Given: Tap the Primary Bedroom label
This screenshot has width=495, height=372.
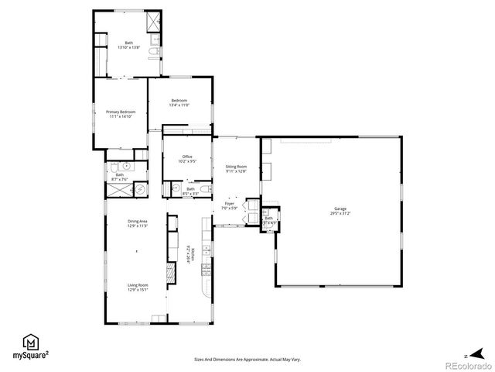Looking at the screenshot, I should [121, 115].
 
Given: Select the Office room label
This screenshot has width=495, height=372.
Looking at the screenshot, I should [187, 159].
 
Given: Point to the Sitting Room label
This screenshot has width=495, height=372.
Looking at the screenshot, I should [236, 169].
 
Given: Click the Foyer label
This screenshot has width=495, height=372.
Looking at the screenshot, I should [230, 207].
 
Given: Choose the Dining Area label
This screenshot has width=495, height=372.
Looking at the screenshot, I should [138, 225].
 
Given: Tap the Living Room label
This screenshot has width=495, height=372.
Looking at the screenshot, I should [138, 288].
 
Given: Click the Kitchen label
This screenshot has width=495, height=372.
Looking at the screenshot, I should [188, 250].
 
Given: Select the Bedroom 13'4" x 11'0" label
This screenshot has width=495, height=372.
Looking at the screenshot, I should [179, 103].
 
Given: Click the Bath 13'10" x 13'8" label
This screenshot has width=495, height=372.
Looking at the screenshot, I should [128, 46].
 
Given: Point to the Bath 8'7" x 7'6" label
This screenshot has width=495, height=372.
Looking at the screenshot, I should [120, 177].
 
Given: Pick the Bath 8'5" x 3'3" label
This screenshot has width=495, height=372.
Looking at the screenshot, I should [190, 191].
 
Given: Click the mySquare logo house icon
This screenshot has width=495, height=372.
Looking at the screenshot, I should [31, 342].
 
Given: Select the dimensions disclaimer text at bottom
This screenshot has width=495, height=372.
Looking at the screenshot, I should [247, 360].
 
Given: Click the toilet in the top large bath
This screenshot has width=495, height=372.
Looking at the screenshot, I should [153, 52].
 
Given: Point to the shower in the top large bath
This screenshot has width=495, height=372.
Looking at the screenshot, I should [154, 21].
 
